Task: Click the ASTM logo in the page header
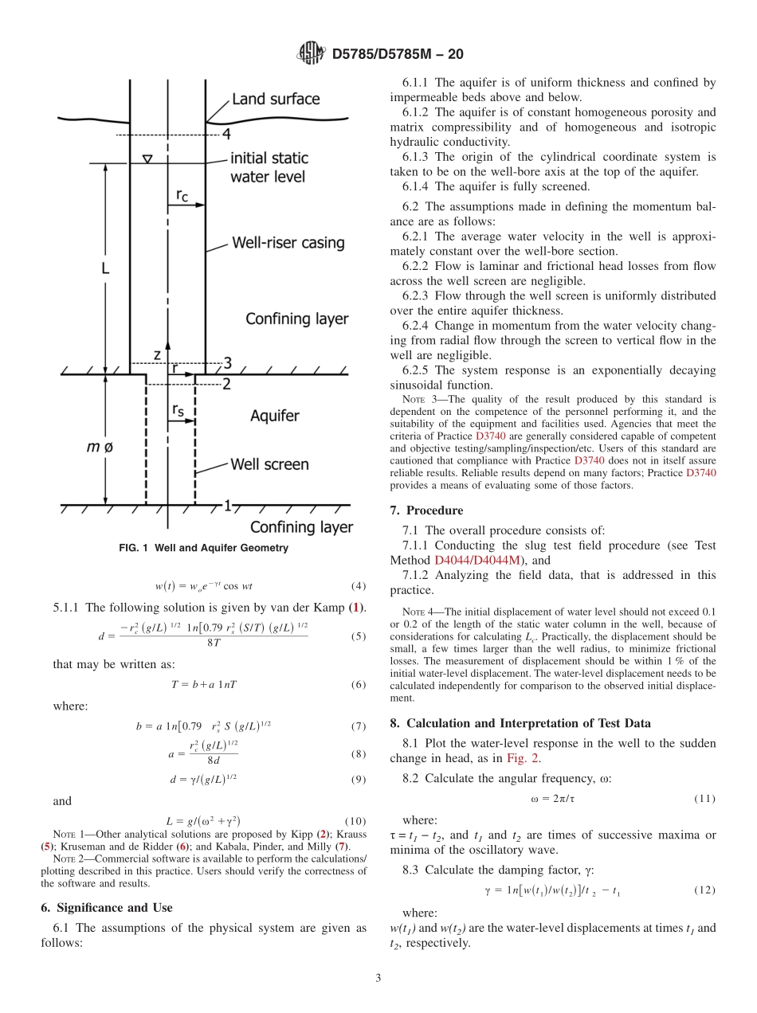pyautogui.click(x=310, y=53)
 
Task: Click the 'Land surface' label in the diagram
pyautogui.click(x=276, y=100)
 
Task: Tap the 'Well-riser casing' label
pyautogui.click(x=288, y=242)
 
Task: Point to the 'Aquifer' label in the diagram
pyautogui.click(x=275, y=416)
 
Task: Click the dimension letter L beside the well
pyautogui.click(x=104, y=269)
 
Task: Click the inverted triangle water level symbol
pyautogui.click(x=147, y=158)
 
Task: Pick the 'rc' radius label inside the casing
pyautogui.click(x=182, y=194)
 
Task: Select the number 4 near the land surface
pyautogui.click(x=226, y=134)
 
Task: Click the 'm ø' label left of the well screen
pyautogui.click(x=100, y=448)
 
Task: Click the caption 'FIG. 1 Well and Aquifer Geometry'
pyautogui.click(x=203, y=548)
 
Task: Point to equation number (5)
pyautogui.click(x=358, y=636)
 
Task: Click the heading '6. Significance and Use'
pyautogui.click(x=106, y=907)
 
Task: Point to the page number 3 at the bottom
pyautogui.click(x=378, y=978)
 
